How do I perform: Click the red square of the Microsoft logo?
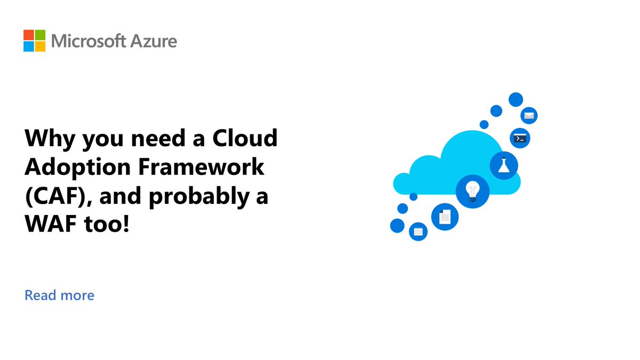[x=29, y=35]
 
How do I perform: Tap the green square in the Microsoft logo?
[x=40, y=35]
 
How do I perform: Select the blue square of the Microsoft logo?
[x=29, y=46]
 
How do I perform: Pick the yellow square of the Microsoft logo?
[x=40, y=46]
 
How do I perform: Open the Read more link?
[x=59, y=295]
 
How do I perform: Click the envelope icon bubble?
[x=529, y=115]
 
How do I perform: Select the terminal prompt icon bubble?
[x=520, y=138]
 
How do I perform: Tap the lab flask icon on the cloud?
[x=504, y=165]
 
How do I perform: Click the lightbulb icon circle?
[x=471, y=190]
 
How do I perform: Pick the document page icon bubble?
[x=445, y=217]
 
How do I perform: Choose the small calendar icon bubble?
[x=418, y=231]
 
